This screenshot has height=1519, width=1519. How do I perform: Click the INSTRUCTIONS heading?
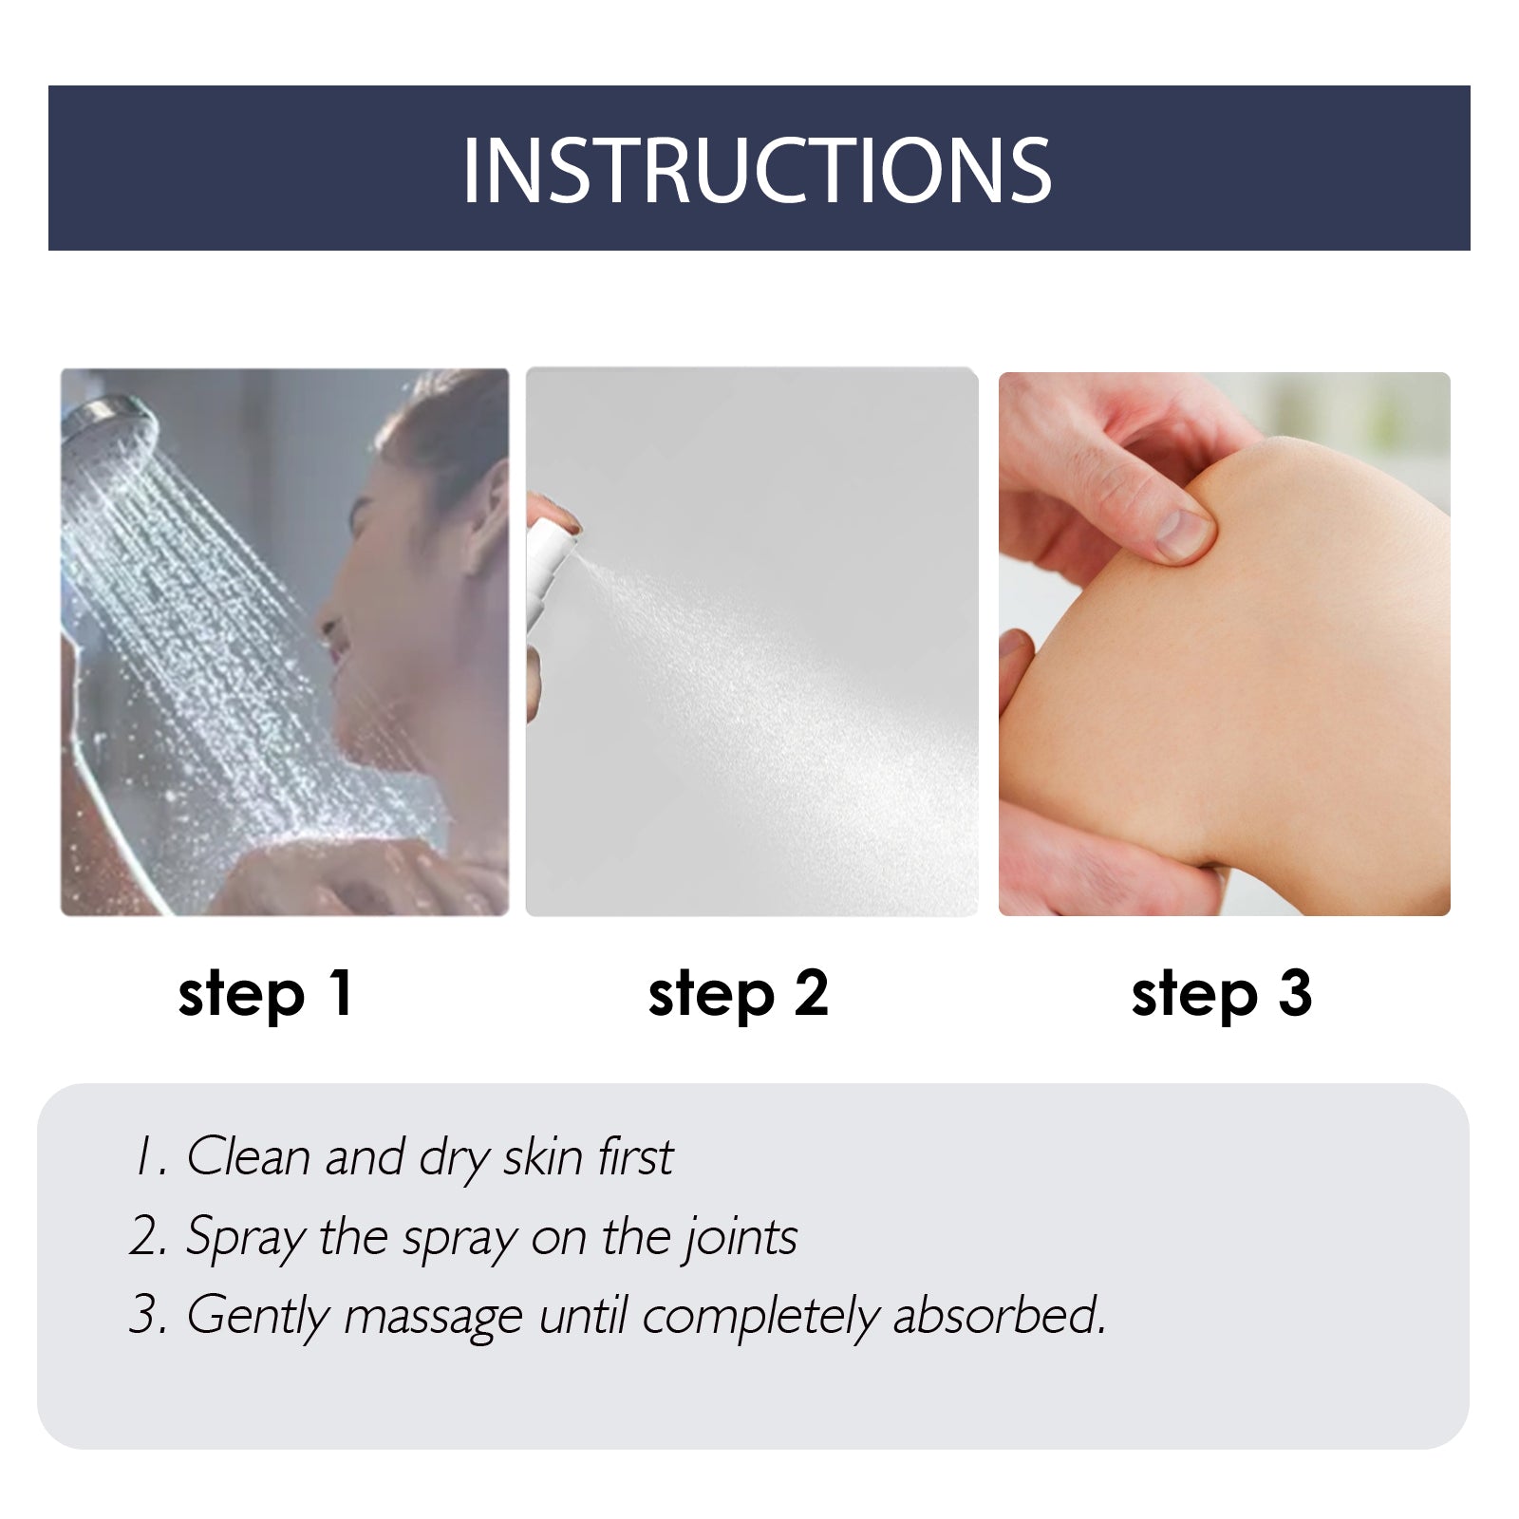(x=757, y=170)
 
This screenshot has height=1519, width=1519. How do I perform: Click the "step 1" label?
(x=266, y=994)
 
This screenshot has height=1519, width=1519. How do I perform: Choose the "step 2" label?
(x=739, y=994)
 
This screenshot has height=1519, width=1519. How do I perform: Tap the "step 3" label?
(x=1222, y=994)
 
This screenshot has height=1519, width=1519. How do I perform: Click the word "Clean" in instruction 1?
(x=249, y=1156)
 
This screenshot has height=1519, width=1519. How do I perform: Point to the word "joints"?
(x=741, y=1237)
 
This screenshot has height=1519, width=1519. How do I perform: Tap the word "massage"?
(x=433, y=1317)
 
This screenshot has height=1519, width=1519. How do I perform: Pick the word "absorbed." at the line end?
(x=1000, y=1316)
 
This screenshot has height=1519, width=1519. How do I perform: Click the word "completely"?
(x=760, y=1317)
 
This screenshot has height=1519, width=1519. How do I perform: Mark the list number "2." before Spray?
(x=149, y=1237)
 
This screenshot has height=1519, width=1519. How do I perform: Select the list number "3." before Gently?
(x=149, y=1316)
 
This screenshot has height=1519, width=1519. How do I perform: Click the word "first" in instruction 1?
(x=635, y=1156)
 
